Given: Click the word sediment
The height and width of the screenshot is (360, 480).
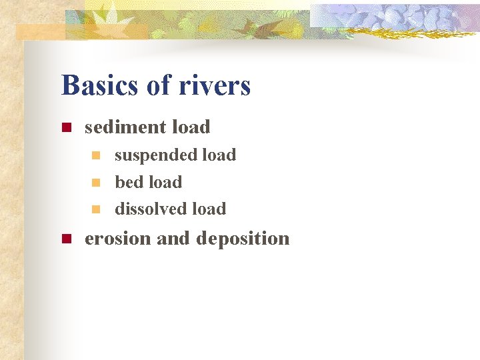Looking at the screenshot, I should (125, 127).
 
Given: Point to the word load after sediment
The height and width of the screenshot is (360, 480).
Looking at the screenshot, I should (191, 127).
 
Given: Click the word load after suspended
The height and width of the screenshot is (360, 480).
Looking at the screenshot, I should (219, 155).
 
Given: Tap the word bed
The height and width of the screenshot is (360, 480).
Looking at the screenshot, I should (129, 182).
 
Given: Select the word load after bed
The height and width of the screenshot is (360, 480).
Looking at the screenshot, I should (165, 182).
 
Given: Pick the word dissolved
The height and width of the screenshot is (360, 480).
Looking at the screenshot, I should (151, 209).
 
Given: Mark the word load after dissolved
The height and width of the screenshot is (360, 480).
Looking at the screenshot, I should (209, 209).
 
